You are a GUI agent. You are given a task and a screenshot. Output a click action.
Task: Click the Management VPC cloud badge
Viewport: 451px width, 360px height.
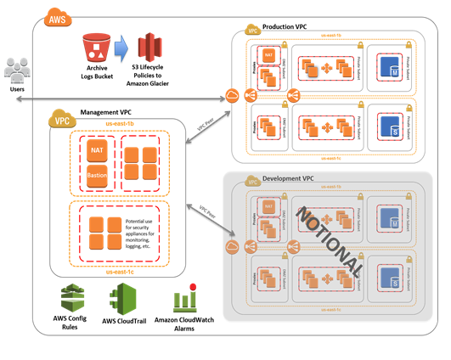tap(61, 120)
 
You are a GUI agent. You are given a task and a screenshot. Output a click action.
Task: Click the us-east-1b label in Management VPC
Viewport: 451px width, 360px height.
tap(118, 124)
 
